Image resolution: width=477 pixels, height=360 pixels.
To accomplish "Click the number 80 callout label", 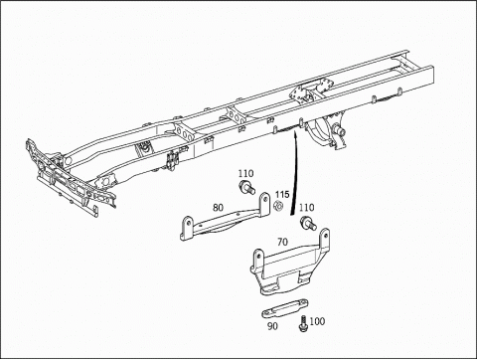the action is pyautogui.click(x=218, y=208).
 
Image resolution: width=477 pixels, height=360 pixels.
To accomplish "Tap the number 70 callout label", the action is pyautogui.click(x=282, y=243).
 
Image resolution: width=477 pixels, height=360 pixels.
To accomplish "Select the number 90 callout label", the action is pyautogui.click(x=272, y=326).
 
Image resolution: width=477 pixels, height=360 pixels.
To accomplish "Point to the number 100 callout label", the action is pyautogui.click(x=317, y=321).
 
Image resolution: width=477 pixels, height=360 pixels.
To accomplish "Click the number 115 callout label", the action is pyautogui.click(x=282, y=194).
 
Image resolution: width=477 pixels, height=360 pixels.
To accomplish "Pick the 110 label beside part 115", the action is pyautogui.click(x=306, y=208).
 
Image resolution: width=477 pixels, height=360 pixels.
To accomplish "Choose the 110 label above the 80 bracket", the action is pyautogui.click(x=245, y=173).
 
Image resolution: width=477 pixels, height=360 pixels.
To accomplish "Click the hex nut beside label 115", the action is pyautogui.click(x=278, y=206).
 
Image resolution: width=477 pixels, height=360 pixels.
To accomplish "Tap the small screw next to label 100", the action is pyautogui.click(x=302, y=323).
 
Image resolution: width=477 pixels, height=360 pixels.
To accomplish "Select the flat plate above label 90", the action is pyautogui.click(x=285, y=308).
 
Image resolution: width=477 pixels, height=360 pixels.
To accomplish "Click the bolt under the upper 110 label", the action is pyautogui.click(x=246, y=188).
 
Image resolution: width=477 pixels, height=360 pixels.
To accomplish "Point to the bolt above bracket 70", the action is pyautogui.click(x=308, y=223).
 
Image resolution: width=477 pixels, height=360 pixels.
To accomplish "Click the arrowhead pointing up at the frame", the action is pyautogui.click(x=295, y=135).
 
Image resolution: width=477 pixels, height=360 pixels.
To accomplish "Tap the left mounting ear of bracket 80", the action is pyautogui.click(x=187, y=228).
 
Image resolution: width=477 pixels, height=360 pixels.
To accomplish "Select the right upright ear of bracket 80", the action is pyautogui.click(x=264, y=204).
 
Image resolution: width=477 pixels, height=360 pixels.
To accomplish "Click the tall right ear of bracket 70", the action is pyautogui.click(x=324, y=240).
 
